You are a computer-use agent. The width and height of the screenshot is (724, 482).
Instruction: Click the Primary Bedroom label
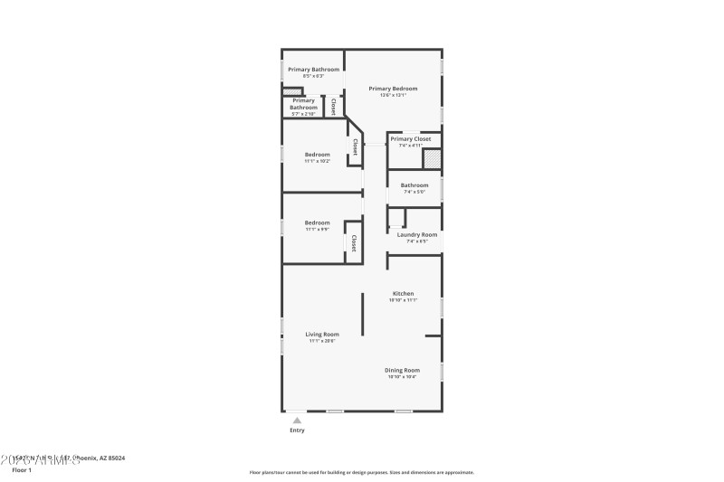pyautogui.click(x=393, y=89)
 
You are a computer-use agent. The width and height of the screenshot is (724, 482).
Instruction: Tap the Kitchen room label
pyautogui.click(x=403, y=293)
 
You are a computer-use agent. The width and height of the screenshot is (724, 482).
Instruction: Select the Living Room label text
pyautogui.click(x=322, y=335)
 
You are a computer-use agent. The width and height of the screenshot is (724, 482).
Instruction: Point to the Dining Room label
pyautogui.click(x=403, y=370)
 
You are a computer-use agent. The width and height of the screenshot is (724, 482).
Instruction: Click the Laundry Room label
pyautogui.click(x=416, y=234)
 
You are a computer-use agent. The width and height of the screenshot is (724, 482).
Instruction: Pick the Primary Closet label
pyautogui.click(x=410, y=138)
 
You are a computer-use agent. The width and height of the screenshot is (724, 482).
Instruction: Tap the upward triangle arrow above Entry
pyautogui.click(x=296, y=420)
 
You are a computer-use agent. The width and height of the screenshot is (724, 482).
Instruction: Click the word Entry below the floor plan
pyautogui.click(x=297, y=430)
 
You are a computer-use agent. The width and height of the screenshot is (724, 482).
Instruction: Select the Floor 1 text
pyautogui.click(x=21, y=470)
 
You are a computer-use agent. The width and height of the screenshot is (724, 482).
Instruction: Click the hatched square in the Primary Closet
pyautogui.click(x=433, y=159)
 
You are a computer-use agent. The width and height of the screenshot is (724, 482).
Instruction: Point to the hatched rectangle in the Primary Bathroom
pyautogui.click(x=291, y=91)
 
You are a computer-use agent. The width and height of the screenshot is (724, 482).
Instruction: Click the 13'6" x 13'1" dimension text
pyautogui.click(x=393, y=96)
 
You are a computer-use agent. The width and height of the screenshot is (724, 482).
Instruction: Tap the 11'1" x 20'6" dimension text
pyautogui.click(x=322, y=342)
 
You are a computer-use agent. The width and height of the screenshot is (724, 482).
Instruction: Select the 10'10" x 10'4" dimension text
pyautogui.click(x=403, y=377)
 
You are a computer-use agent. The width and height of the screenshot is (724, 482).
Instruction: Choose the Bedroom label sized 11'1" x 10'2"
pyautogui.click(x=317, y=155)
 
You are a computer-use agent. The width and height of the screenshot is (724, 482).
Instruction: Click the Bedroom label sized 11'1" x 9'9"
pyautogui.click(x=317, y=222)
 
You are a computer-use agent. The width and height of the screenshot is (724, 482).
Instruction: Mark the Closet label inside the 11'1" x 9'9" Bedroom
pyautogui.click(x=353, y=243)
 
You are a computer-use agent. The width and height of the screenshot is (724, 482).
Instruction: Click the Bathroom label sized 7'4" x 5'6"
pyautogui.click(x=414, y=185)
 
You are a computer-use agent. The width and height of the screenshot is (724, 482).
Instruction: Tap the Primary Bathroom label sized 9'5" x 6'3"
pyautogui.click(x=313, y=70)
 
